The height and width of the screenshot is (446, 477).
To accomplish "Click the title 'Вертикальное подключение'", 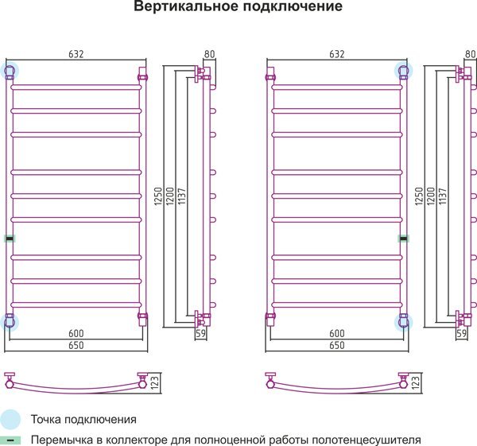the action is pos(238,6).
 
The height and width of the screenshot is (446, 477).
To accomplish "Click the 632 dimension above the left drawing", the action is pos(76,54).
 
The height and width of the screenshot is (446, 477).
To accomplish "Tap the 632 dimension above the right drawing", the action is pos(337,54).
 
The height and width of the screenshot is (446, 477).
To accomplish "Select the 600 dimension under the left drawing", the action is pos(76,333).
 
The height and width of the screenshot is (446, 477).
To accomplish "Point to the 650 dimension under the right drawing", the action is pos(337,345).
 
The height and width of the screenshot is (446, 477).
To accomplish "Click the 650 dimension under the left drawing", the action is pos(76,345).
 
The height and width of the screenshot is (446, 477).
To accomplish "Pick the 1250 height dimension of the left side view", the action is pos(158,196).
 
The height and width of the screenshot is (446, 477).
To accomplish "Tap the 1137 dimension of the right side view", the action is pos(443,196).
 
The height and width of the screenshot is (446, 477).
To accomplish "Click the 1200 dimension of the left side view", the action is pos(170,196).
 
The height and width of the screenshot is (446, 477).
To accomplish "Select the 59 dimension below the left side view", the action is pos(200,333).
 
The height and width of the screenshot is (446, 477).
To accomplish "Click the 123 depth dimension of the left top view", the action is pos(154,382).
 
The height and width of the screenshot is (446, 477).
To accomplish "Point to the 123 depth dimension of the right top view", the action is pos(416,382).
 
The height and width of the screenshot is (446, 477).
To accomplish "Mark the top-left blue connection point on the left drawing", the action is pos(10,71).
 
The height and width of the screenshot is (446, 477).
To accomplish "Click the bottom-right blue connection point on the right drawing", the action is pos(404,322).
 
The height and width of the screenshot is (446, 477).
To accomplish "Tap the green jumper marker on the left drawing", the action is pos(10,239).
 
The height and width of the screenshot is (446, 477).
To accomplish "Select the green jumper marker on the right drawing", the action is pos(404,239).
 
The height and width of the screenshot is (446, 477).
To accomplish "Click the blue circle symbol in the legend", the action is pos(10,419).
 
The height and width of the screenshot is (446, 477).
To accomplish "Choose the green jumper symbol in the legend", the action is pos(10,440).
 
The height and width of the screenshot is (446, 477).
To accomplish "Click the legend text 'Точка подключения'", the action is pos(83,420).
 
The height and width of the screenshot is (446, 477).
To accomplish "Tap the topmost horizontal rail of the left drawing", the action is pos(76,87).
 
